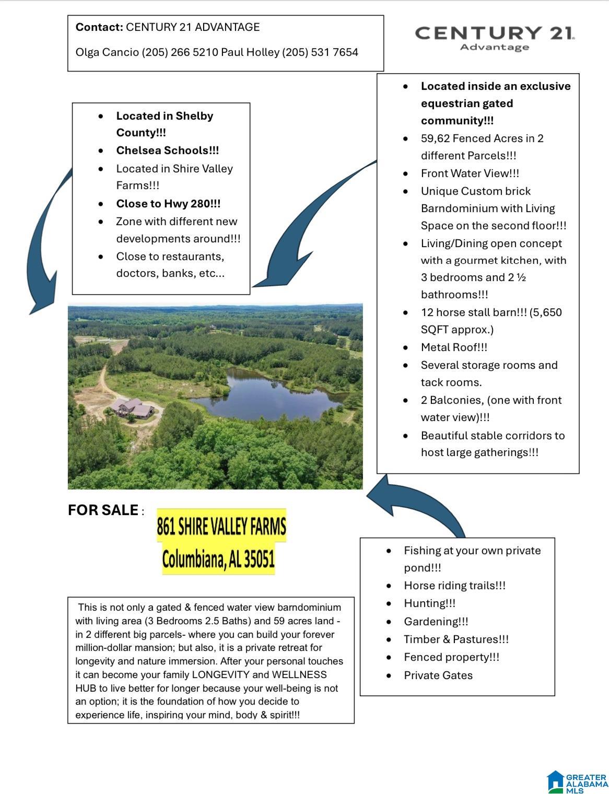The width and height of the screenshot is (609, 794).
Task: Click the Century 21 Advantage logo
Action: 495,38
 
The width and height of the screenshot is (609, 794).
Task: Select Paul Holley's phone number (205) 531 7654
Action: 320,52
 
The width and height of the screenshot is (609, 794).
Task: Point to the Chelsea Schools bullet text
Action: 167,150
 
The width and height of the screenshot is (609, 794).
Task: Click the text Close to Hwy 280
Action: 168,204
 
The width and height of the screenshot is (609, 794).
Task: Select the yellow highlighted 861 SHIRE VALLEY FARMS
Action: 221,527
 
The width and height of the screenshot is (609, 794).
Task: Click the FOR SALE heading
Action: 103,510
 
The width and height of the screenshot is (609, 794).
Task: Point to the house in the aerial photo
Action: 133,407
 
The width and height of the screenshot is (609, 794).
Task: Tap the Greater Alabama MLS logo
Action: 577,782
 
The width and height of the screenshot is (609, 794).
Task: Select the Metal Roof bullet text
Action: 454,347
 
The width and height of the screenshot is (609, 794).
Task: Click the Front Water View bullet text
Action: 470,173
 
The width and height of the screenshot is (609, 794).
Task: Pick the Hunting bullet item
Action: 429,603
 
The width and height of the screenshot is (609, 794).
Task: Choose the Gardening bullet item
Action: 436,622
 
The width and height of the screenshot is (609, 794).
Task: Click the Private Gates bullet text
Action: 438,675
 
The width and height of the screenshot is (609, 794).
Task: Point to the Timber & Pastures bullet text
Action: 456,639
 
